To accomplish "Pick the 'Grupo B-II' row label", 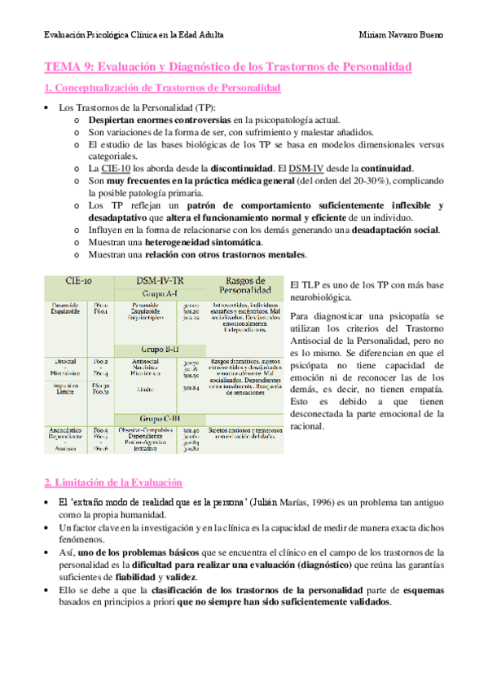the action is (x=163, y=348).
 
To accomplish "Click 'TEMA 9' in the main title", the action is (x=69, y=65).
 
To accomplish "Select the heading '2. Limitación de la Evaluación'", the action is (x=113, y=482).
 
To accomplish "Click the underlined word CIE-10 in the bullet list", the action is (x=117, y=168).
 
